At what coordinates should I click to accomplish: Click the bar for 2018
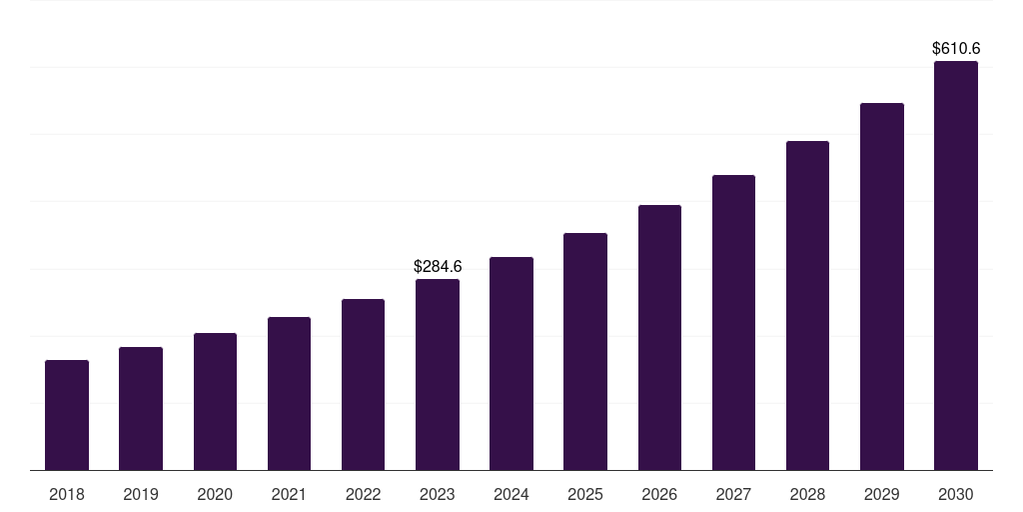[67, 415]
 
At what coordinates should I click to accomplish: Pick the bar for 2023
[438, 374]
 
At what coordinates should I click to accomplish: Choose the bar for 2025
[585, 351]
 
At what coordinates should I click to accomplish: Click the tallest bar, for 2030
[956, 265]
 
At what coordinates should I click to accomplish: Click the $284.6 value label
[438, 267]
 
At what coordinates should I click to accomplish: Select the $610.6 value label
[956, 48]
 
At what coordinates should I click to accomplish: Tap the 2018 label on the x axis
[67, 494]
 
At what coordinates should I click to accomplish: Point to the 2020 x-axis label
[215, 494]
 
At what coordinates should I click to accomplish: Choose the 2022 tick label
[363, 494]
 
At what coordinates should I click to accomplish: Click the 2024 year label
[511, 494]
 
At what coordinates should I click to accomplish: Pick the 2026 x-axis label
[659, 494]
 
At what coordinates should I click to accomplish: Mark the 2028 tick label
[807, 494]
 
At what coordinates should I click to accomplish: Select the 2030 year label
[956, 494]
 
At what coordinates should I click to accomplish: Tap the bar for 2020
[215, 401]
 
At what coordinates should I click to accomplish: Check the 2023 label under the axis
[438, 494]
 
